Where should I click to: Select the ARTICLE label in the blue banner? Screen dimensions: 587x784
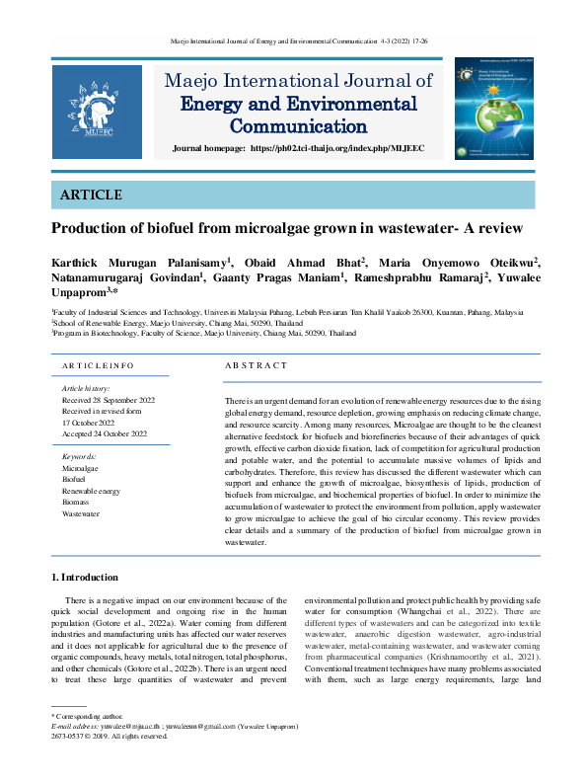click(x=92, y=196)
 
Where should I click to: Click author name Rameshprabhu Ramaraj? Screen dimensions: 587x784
click(x=405, y=278)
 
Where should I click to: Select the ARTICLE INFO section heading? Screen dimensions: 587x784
click(x=98, y=366)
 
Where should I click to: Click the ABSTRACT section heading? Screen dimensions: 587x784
click(x=256, y=366)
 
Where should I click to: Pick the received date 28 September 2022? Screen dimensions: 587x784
click(x=109, y=400)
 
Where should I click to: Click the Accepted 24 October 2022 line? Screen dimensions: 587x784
click(x=105, y=433)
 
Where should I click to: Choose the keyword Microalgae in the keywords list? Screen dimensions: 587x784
click(x=81, y=468)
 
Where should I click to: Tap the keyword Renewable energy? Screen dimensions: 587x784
click(x=91, y=491)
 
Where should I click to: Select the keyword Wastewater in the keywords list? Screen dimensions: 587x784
click(x=81, y=513)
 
